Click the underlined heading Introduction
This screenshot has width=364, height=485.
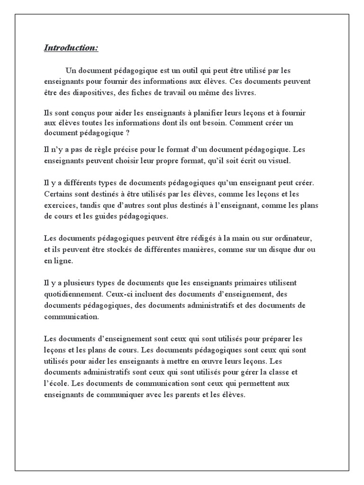(x=71, y=48)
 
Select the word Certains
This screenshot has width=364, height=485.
(x=59, y=194)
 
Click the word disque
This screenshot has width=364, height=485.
(x=275, y=250)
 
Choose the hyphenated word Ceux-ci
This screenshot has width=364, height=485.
(x=119, y=294)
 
